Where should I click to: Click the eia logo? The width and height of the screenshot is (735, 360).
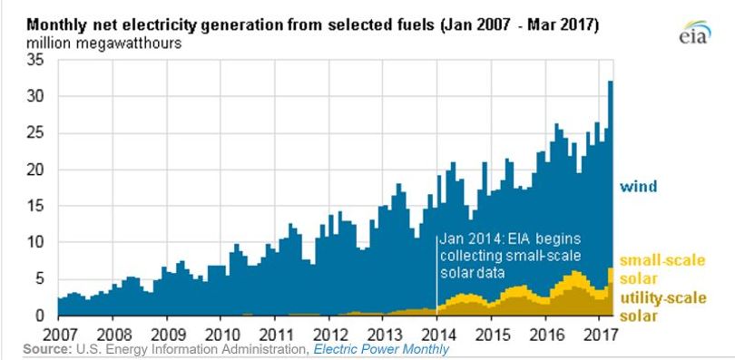[x=696, y=32]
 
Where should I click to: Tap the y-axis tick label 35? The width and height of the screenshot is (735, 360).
[x=36, y=61]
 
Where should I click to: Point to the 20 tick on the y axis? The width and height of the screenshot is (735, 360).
[x=36, y=170]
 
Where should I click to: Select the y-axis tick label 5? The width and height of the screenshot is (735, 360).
[x=41, y=279]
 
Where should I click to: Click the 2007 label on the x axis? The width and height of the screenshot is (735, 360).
[x=59, y=336]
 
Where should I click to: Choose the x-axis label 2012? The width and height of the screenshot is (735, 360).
[x=329, y=336]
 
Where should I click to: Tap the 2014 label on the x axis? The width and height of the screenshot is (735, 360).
[x=436, y=336]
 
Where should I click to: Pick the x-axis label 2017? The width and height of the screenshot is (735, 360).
[x=599, y=336]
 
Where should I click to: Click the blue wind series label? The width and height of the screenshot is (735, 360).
[x=639, y=187]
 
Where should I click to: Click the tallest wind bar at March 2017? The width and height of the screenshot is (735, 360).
[x=611, y=198]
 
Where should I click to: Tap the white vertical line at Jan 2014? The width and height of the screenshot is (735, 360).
[x=436, y=276]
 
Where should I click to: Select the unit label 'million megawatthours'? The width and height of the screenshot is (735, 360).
[x=103, y=44]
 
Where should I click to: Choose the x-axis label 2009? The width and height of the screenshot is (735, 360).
[x=167, y=336]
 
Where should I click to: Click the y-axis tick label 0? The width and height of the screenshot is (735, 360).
[x=41, y=316]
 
